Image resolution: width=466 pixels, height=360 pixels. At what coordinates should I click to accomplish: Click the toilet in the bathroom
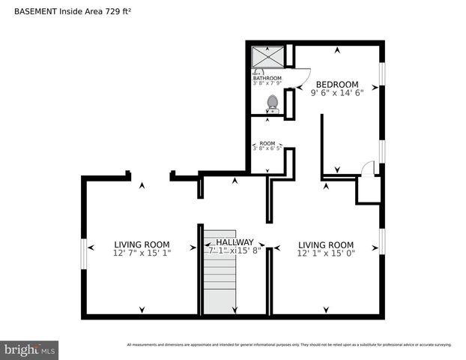[273, 103]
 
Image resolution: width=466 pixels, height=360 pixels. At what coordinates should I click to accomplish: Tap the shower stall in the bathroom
[267, 56]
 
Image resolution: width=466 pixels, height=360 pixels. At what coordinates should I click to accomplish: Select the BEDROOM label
[336, 85]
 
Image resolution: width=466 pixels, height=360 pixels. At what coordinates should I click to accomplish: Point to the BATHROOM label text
[267, 78]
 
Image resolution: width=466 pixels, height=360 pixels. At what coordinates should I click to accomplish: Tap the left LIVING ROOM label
[142, 244]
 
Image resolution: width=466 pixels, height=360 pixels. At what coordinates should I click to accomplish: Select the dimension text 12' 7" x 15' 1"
[142, 253]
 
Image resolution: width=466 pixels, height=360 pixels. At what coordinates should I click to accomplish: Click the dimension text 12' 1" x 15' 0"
[326, 253]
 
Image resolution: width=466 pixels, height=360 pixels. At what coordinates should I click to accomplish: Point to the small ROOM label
[267, 143]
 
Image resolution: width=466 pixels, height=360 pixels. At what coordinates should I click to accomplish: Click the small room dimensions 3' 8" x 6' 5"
[267, 149]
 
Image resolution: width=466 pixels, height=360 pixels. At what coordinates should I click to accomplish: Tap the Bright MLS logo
[30, 349]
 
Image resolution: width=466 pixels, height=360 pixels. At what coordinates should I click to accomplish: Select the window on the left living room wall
[83, 247]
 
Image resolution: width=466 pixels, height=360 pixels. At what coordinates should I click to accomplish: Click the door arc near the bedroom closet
[367, 169]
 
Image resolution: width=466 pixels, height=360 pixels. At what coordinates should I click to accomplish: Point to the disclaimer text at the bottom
[289, 345]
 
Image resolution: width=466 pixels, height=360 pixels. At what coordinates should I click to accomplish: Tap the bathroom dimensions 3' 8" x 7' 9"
[267, 83]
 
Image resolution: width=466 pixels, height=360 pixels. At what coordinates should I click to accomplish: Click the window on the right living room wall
[382, 241]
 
